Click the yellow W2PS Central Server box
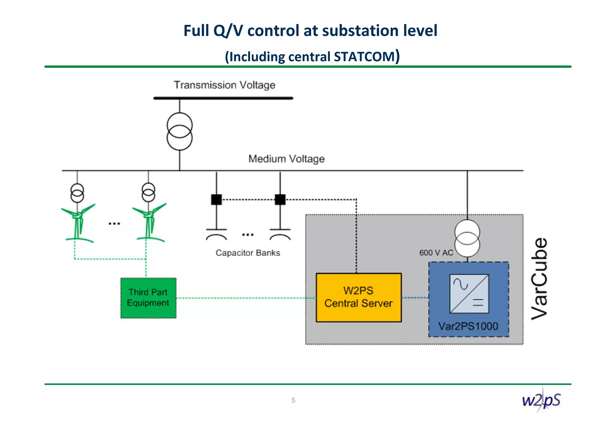coord(359,297)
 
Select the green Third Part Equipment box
coord(148,298)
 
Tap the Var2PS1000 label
coord(468,326)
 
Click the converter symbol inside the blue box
coord(469,294)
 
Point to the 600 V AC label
coord(436,253)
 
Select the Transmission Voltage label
coord(224,85)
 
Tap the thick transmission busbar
coord(223,98)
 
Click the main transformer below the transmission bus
coord(180,131)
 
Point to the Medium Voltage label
coord(286,159)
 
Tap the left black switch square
coord(216,200)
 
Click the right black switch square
coord(280,200)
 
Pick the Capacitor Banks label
coord(248,253)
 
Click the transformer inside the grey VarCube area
coord(467,238)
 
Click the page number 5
coord(293,400)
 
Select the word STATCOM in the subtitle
coord(364,57)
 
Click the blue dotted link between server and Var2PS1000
coord(415,298)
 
